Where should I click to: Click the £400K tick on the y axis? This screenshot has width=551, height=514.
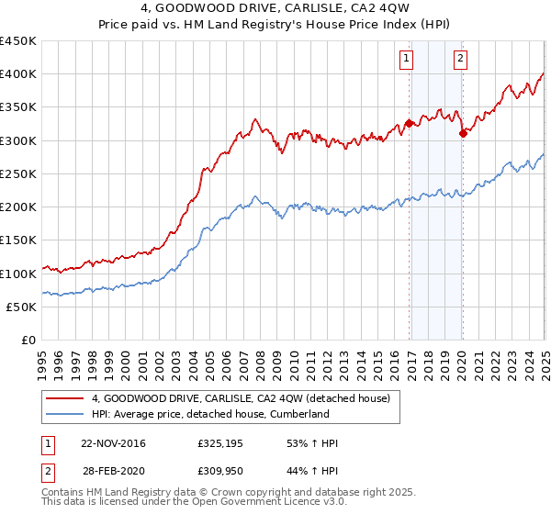pos(18,74)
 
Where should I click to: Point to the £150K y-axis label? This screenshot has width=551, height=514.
pos(18,240)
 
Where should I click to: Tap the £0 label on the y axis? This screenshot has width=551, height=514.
pos(28,340)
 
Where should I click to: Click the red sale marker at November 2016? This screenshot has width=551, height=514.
pos(409,124)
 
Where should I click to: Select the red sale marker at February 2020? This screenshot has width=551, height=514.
pos(463,134)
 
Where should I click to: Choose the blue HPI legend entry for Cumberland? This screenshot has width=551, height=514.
pos(210,415)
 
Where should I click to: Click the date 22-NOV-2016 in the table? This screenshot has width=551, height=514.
pos(114,443)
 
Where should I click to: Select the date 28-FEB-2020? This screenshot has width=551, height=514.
pos(114,471)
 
